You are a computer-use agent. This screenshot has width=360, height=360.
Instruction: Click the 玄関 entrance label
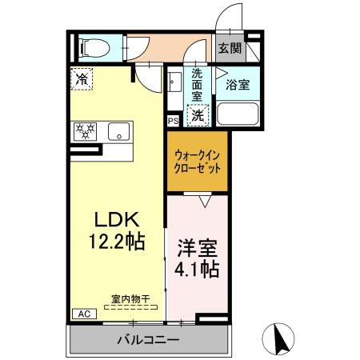pyautogui.click(x=230, y=48)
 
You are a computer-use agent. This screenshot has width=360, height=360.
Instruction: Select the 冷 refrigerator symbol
pyautogui.click(x=82, y=79)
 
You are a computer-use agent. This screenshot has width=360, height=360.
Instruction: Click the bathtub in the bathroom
pyautogui.click(x=238, y=111)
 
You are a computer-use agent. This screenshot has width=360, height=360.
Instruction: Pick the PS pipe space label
pyautogui.click(x=173, y=122)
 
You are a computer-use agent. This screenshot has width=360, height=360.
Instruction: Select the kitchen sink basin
pyautogui.click(x=118, y=131)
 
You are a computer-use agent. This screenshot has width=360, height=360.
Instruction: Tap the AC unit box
pyautogui.click(x=82, y=314)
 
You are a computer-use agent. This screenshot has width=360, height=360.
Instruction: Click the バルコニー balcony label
pyautogui.click(x=149, y=341)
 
